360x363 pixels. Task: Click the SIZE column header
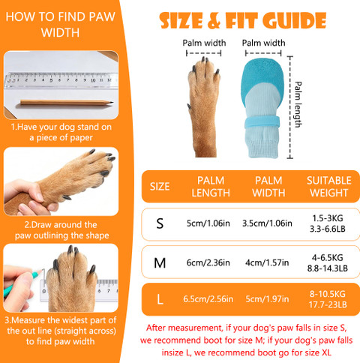click(x=160, y=187)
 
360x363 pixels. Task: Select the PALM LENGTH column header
click(x=211, y=187)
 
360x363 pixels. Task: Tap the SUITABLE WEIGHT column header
click(x=329, y=187)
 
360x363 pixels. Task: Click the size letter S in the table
click(x=160, y=223)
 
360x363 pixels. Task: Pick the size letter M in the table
click(x=160, y=263)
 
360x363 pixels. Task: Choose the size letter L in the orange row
click(x=160, y=299)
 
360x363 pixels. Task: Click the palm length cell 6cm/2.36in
click(x=208, y=262)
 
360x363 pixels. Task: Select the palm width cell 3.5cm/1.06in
click(x=267, y=223)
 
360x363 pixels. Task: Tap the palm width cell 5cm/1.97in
click(x=267, y=299)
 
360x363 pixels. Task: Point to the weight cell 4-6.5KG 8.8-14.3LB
click(x=328, y=263)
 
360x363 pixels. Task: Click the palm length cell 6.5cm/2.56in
click(x=208, y=299)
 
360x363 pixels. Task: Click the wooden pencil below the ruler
click(x=67, y=103)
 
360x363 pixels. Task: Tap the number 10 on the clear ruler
click(x=93, y=80)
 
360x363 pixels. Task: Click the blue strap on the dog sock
click(x=262, y=122)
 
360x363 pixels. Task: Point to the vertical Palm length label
click(x=298, y=104)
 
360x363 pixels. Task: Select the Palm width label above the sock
click(x=263, y=43)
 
